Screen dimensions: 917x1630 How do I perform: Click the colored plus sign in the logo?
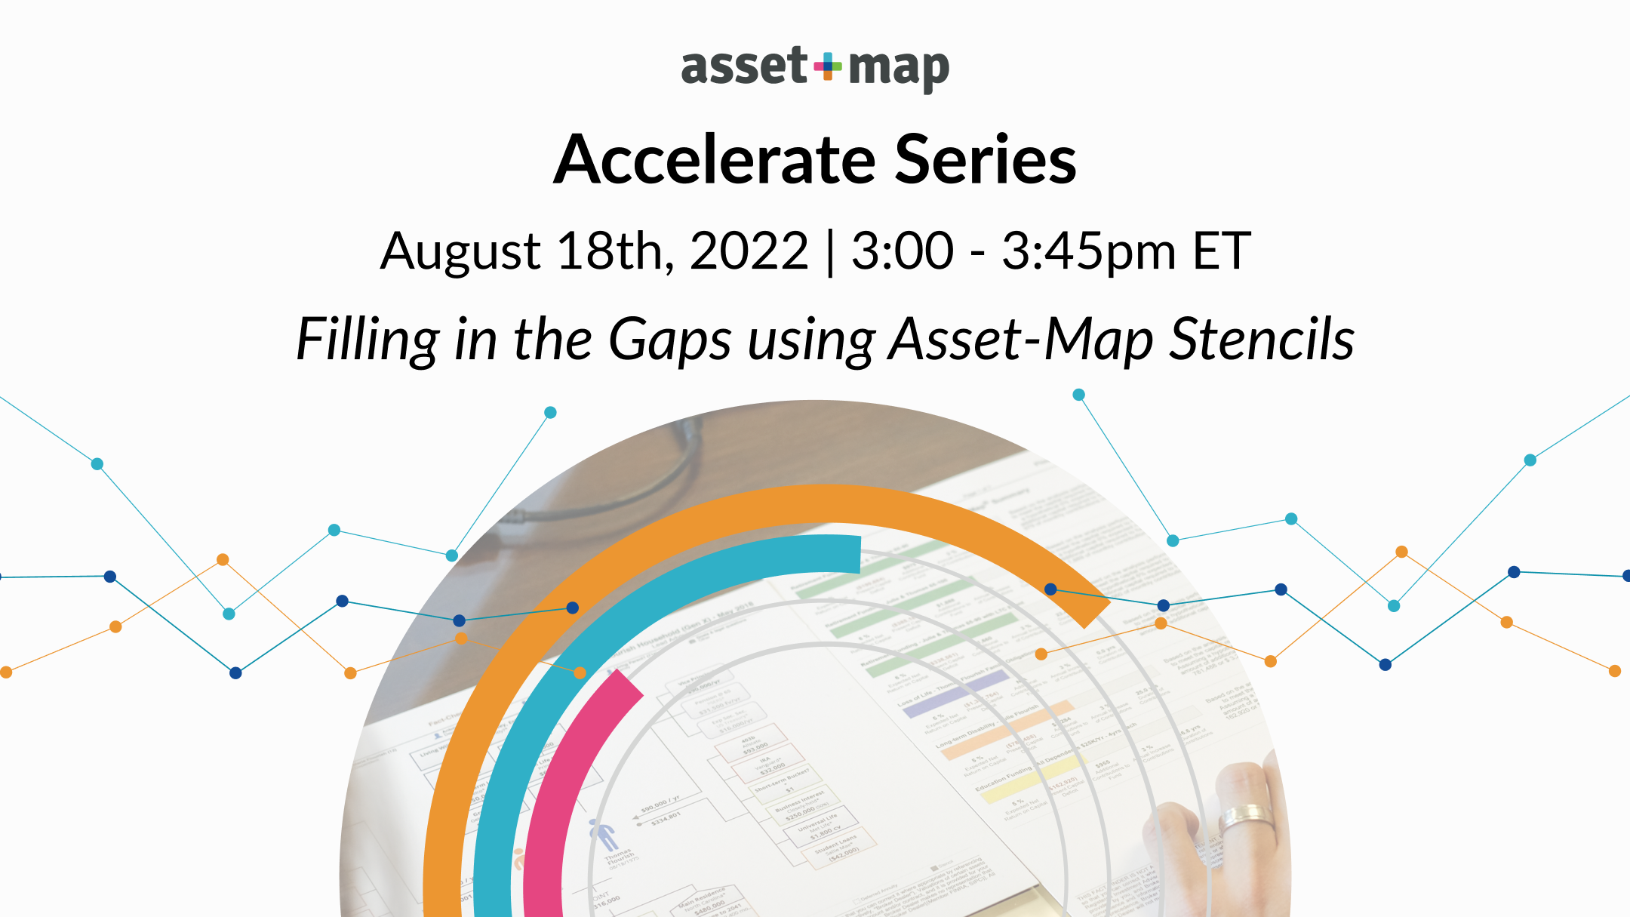tap(828, 66)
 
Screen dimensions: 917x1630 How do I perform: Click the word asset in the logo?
tap(743, 66)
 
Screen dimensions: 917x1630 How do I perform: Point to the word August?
tap(460, 251)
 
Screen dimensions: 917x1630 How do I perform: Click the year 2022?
tap(749, 251)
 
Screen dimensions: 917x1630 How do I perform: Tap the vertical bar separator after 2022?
tap(830, 253)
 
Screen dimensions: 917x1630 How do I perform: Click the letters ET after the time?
tap(1221, 251)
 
